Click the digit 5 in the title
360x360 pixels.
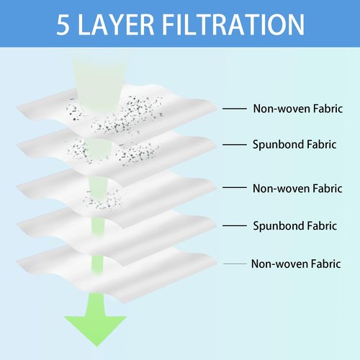click(63, 24)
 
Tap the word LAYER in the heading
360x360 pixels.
click(116, 24)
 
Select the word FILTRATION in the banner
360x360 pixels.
click(233, 24)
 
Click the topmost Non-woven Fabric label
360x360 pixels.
click(298, 109)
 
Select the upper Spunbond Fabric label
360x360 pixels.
click(294, 145)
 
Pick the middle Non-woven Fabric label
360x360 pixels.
click(297, 189)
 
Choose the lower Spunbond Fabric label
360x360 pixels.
click(295, 226)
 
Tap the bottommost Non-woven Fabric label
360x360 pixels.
click(296, 264)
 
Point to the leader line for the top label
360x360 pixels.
click(235, 109)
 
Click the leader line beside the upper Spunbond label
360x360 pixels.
click(235, 145)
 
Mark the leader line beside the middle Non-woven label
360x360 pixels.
click(235, 187)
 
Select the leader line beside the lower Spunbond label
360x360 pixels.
click(235, 225)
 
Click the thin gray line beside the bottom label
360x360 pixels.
click(235, 264)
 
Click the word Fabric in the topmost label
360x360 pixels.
click(328, 109)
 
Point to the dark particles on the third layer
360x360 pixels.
click(102, 200)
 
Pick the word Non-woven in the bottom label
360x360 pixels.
click(279, 264)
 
